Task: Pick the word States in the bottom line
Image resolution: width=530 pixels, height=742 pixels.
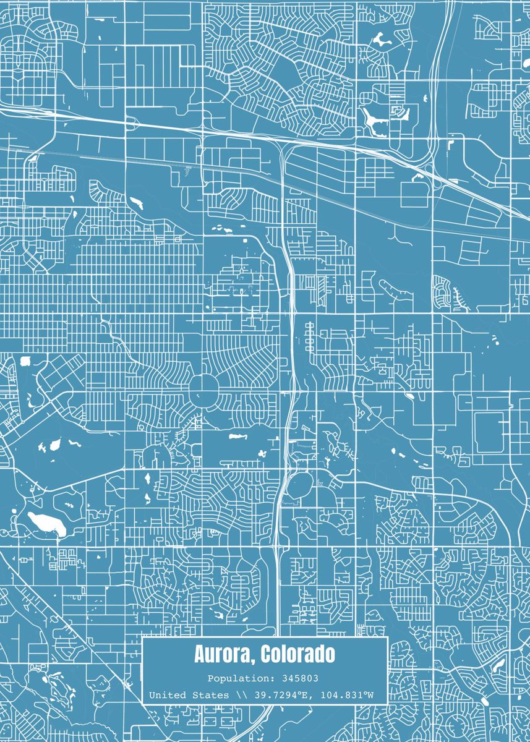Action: [212, 695]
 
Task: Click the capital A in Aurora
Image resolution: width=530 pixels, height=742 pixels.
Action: [200, 654]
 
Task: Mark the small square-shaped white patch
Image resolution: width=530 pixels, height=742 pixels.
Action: [26, 360]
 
